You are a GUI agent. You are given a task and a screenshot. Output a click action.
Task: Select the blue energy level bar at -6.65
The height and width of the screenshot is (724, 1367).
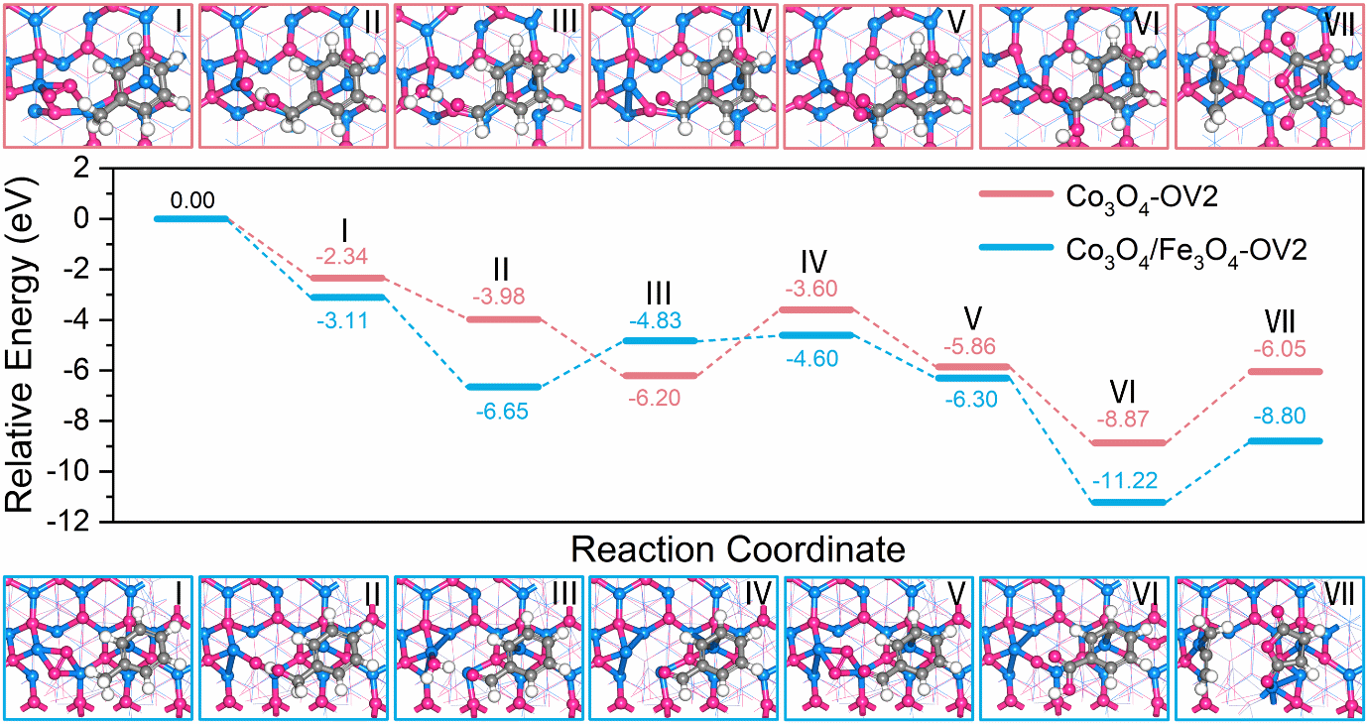pos(503,387)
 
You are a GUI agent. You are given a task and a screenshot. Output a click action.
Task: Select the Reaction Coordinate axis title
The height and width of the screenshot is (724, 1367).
pos(737,547)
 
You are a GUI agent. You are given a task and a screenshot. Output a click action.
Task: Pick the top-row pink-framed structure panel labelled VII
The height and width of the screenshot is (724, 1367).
pos(1269,75)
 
